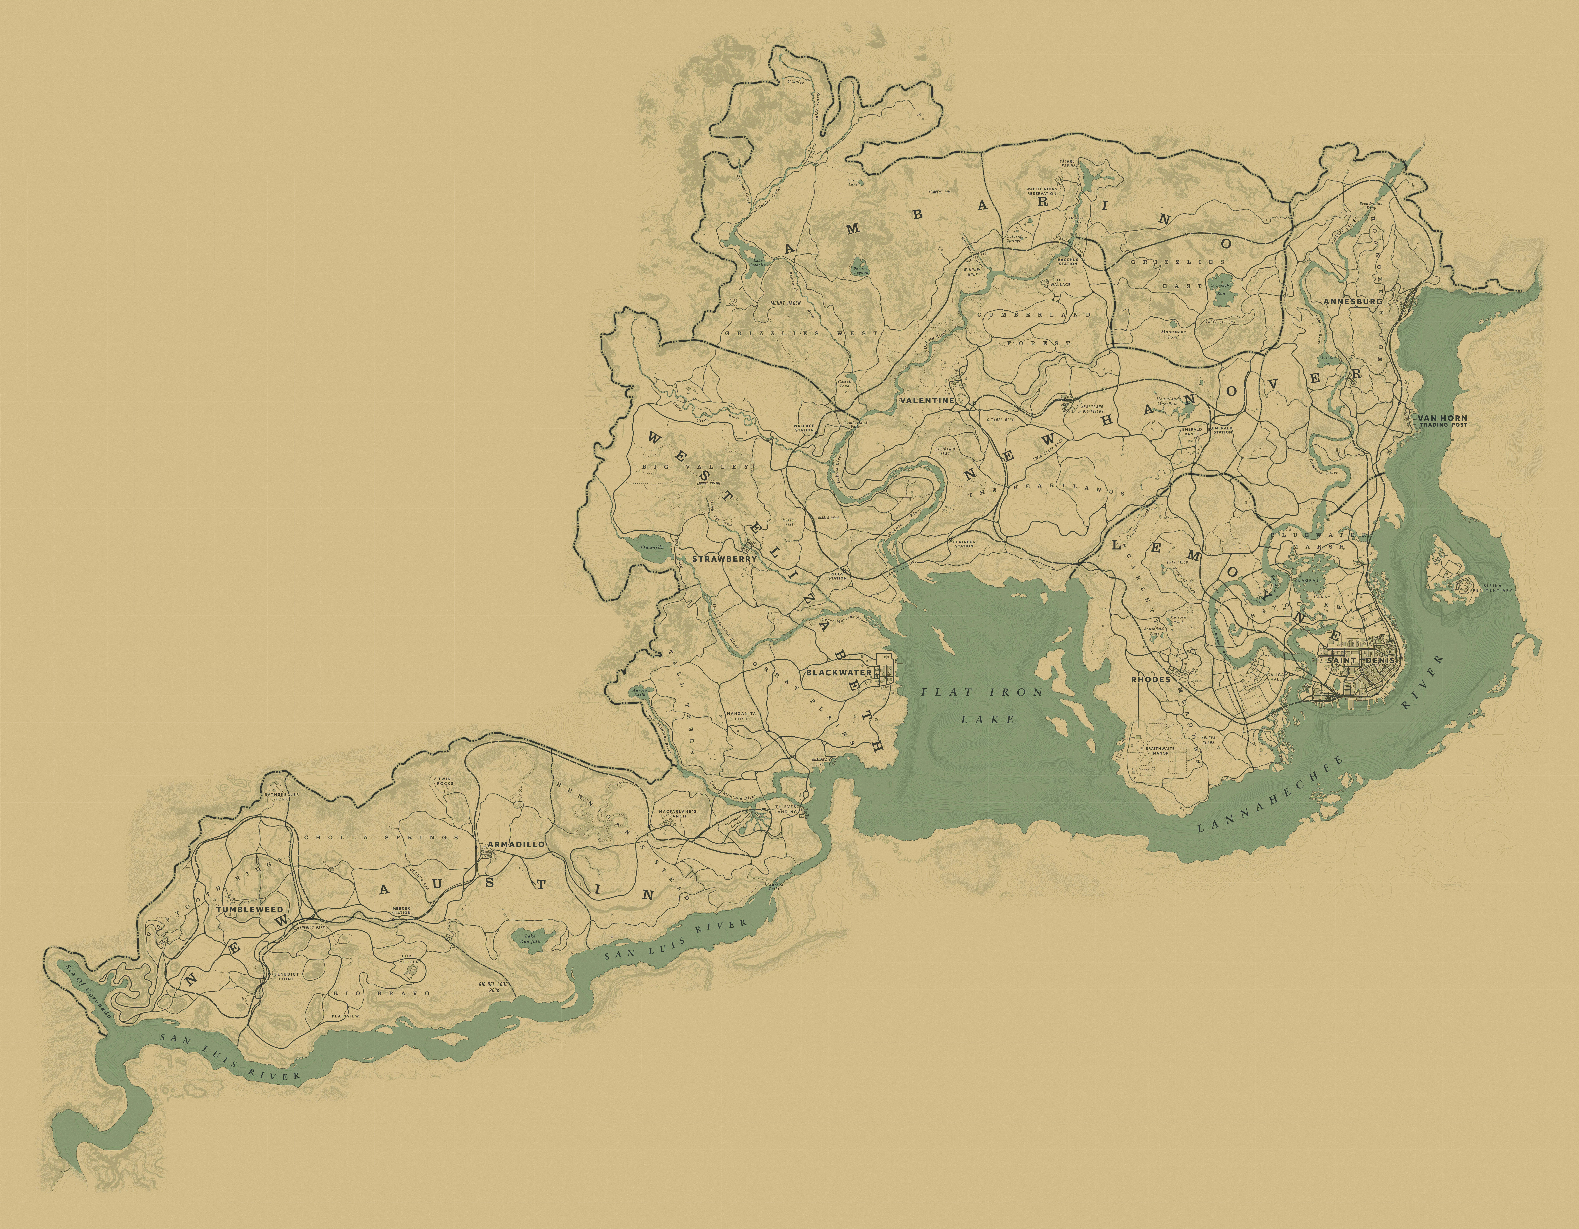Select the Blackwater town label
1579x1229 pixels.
click(x=839, y=672)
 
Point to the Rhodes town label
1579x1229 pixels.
click(x=1151, y=680)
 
